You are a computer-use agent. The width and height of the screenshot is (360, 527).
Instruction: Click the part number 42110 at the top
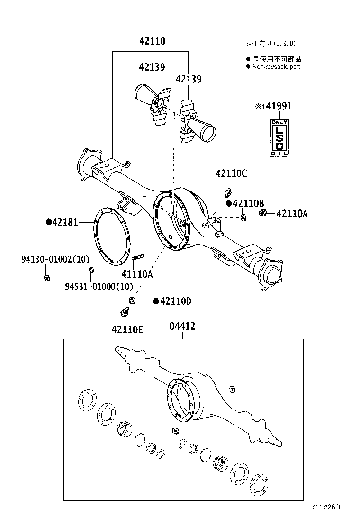click(x=152, y=41)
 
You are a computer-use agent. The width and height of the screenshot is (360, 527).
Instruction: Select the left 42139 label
click(x=152, y=67)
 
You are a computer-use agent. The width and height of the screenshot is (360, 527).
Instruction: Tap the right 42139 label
click(x=188, y=79)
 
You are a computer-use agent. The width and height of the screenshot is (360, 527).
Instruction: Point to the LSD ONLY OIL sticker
click(x=279, y=138)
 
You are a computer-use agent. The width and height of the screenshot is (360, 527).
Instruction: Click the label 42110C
click(x=231, y=174)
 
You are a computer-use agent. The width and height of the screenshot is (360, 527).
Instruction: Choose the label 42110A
click(x=292, y=214)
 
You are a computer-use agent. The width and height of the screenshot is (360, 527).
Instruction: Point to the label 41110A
click(x=137, y=273)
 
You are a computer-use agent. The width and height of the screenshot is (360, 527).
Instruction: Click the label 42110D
click(x=175, y=301)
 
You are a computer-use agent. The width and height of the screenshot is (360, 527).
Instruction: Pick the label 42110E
click(x=127, y=329)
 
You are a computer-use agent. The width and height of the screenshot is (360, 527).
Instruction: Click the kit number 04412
click(x=182, y=327)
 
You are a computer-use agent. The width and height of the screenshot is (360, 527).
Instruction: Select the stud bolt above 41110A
click(x=138, y=258)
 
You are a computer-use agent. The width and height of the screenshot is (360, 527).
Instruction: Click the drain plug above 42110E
click(x=125, y=313)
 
